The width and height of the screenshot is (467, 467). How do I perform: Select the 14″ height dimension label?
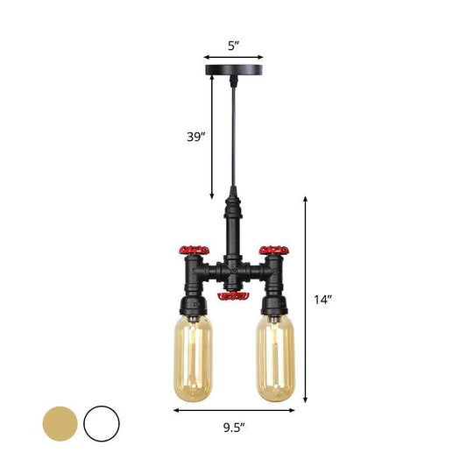[323, 300]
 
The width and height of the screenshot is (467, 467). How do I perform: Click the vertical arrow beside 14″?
[305, 298]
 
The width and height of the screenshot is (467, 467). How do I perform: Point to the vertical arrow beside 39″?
[212, 136]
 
